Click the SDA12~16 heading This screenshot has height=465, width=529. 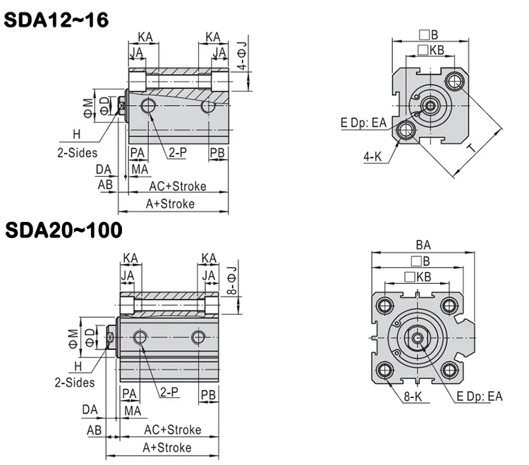[x=56, y=20]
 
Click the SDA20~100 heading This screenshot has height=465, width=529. [x=63, y=230]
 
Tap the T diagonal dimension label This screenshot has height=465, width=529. [x=473, y=147]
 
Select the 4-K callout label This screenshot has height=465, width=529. [x=372, y=156]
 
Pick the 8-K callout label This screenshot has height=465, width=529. [x=413, y=397]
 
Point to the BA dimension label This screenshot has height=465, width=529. [x=423, y=245]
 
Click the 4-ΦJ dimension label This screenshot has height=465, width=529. [x=242, y=56]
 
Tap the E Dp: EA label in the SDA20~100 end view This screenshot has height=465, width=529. [x=480, y=396]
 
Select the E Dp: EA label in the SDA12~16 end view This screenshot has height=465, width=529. [x=363, y=123]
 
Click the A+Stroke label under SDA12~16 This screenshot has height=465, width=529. [x=170, y=204]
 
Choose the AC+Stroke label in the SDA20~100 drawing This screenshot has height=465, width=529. [x=172, y=430]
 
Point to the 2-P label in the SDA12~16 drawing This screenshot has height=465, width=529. [x=178, y=152]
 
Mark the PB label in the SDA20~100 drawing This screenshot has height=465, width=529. [x=208, y=395]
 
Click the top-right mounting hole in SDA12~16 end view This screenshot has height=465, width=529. [x=455, y=81]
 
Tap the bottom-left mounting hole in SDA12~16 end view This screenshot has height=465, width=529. [x=406, y=130]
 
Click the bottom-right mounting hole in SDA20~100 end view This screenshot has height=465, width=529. [x=450, y=370]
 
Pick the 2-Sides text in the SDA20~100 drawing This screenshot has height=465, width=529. [x=75, y=383]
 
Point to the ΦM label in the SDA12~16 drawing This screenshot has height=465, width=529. [x=88, y=108]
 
